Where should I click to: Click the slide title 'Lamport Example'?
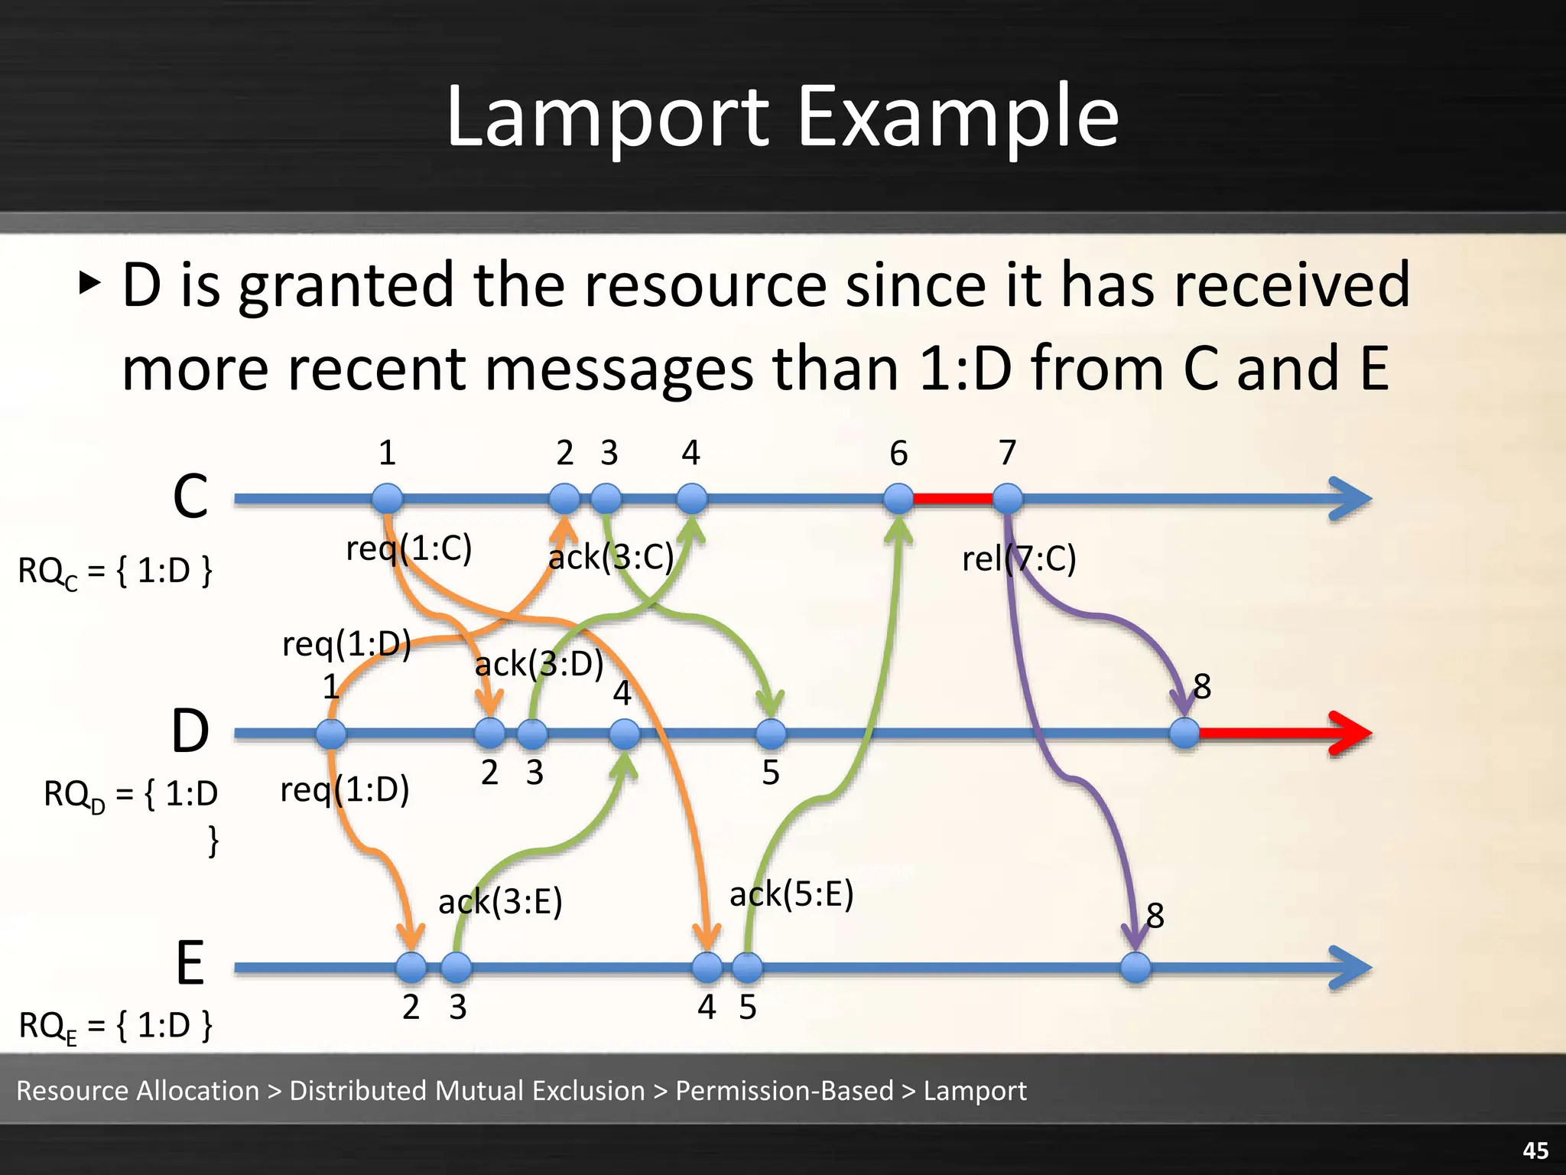pyautogui.click(x=782, y=117)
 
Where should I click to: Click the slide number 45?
pyautogui.click(x=1535, y=1151)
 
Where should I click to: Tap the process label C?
pyautogui.click(x=190, y=496)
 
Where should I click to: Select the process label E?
pyautogui.click(x=190, y=963)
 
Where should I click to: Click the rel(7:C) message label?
pyautogui.click(x=1019, y=558)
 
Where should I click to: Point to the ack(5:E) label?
pyautogui.click(x=791, y=893)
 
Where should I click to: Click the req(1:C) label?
pyautogui.click(x=409, y=548)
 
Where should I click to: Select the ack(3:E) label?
pyautogui.click(x=500, y=901)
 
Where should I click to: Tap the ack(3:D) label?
pyautogui.click(x=539, y=663)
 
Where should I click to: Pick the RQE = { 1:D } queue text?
pyautogui.click(x=115, y=1026)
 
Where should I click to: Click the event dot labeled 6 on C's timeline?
pyautogui.click(x=898, y=499)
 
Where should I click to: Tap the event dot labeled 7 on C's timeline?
pyautogui.click(x=1008, y=499)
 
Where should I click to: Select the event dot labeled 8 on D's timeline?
pyautogui.click(x=1184, y=734)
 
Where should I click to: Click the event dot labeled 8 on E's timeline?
pyautogui.click(x=1136, y=968)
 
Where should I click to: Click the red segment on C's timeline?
pyautogui.click(x=953, y=499)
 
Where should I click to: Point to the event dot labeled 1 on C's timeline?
pyautogui.click(x=388, y=499)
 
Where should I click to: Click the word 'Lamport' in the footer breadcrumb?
pyautogui.click(x=975, y=1091)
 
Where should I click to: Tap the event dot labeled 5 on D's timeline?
pyautogui.click(x=771, y=734)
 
